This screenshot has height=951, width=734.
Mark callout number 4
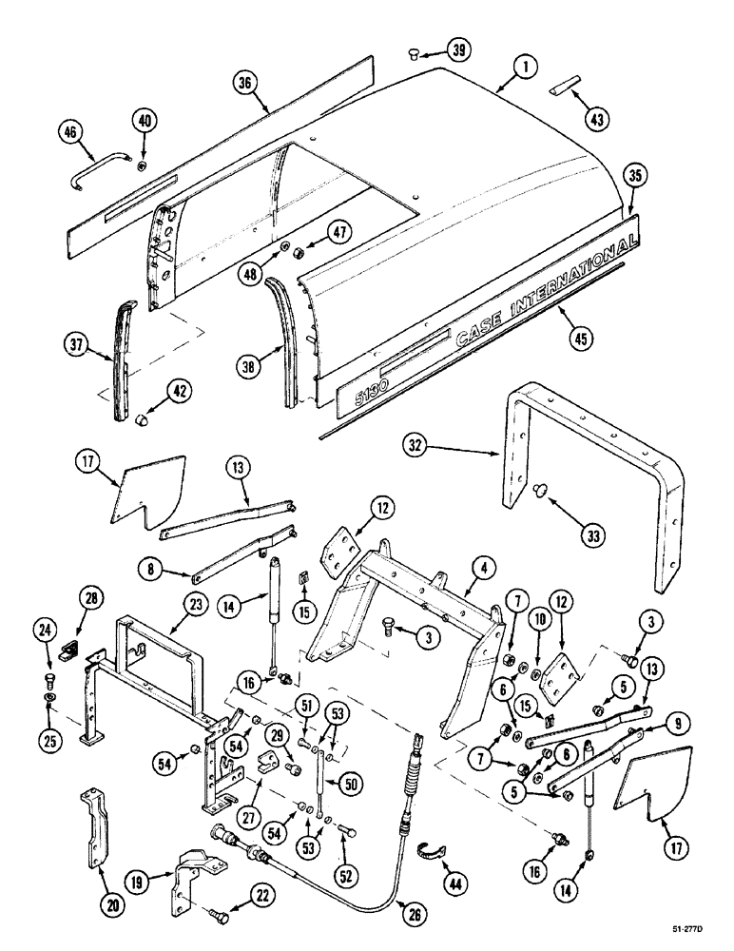[484, 569]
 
